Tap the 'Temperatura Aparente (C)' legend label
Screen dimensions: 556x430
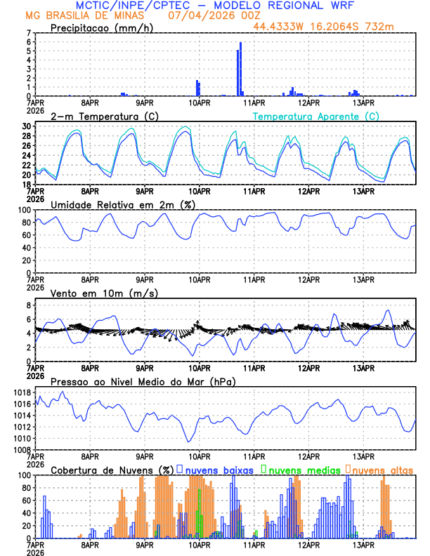[315, 116]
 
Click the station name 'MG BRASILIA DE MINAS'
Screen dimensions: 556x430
[76, 15]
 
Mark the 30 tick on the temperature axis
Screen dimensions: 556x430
[27, 126]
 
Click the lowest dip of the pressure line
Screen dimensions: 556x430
[188, 442]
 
